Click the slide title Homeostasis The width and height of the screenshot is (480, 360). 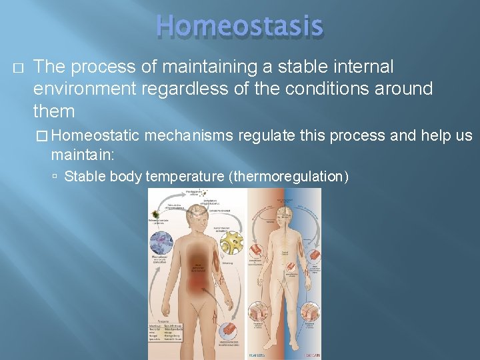(240, 27)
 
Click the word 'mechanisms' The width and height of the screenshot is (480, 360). (189, 136)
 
